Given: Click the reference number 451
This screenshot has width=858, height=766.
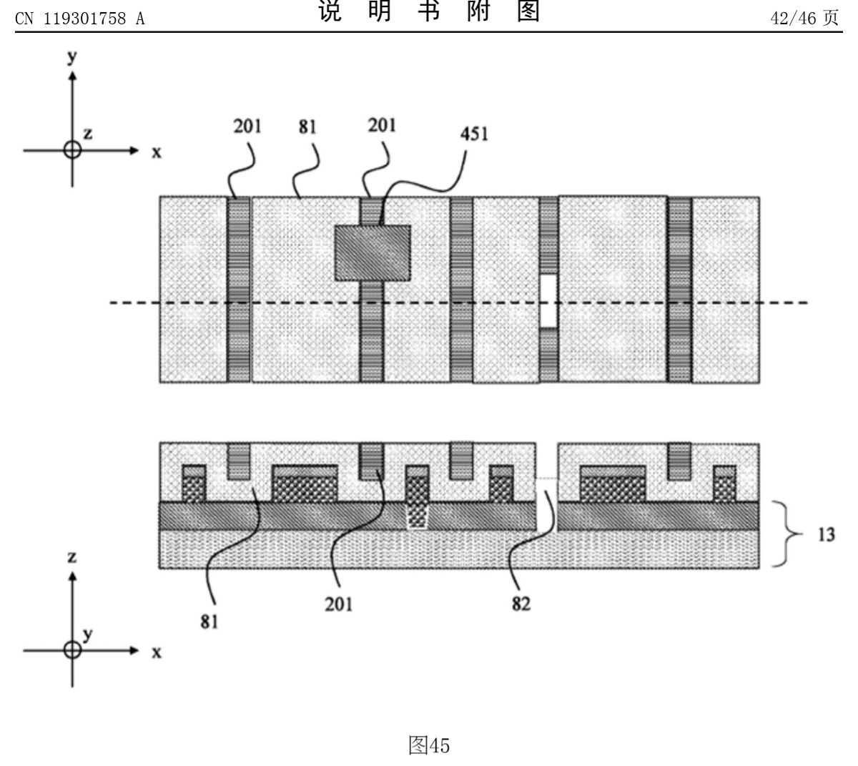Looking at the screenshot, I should (475, 134).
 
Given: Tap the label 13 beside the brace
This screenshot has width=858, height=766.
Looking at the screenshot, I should (826, 534).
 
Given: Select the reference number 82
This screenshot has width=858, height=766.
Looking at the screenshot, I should (521, 604).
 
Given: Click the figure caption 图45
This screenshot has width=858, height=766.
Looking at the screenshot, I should (429, 746).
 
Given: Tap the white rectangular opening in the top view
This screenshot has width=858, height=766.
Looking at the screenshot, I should (548, 301).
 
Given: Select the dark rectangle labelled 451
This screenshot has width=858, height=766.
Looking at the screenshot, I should (373, 252).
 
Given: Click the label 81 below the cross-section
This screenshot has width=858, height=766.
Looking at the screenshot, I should (211, 622).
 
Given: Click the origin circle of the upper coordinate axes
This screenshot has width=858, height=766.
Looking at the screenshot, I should (71, 150).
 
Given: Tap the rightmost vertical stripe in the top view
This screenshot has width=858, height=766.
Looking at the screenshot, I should (680, 288).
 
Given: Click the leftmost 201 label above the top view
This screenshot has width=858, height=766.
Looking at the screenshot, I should (247, 127).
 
